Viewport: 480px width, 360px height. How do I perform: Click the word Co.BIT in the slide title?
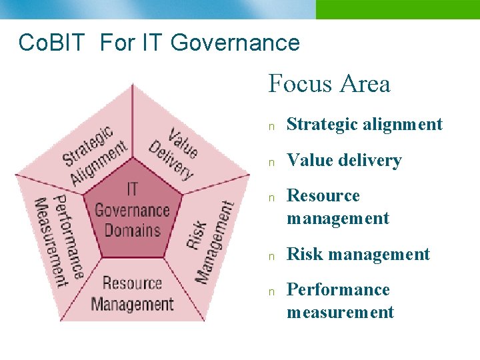coord(52,43)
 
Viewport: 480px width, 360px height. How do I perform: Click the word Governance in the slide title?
coord(235,43)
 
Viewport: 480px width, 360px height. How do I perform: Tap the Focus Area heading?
coord(329,84)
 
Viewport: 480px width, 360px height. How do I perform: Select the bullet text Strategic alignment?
coord(364,124)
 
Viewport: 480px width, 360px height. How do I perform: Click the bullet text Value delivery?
coord(344,160)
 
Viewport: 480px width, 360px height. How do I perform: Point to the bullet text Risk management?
coord(358,254)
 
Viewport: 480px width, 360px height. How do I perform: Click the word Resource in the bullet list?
coord(323,195)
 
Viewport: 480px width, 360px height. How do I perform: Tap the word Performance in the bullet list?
coord(337,289)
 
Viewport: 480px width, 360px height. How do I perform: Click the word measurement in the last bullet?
coord(340,312)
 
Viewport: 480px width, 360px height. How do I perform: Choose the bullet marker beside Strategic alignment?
coord(271,125)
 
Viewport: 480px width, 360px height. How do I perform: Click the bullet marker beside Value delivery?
coord(271,161)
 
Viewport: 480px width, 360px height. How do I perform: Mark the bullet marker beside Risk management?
coord(271,255)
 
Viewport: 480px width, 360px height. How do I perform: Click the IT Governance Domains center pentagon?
coord(133,211)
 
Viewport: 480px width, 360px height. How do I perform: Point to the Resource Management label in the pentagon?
coord(132,294)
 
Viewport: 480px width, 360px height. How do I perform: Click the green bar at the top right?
coord(397,9)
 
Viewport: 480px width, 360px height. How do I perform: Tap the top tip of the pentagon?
coord(133,85)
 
